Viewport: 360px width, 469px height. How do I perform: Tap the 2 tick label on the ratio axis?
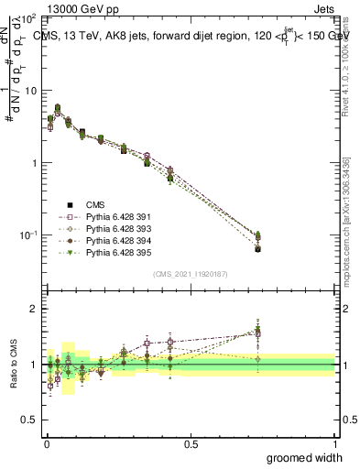pyautogui.click(x=34, y=309)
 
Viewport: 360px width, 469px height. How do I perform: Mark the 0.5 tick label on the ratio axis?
pyautogui.click(x=30, y=420)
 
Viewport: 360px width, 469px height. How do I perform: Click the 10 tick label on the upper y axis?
pyautogui.click(x=30, y=91)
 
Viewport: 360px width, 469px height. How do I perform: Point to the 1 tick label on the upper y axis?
pyautogui.click(x=34, y=163)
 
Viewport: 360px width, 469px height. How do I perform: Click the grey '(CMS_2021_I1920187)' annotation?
pyautogui.click(x=190, y=273)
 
